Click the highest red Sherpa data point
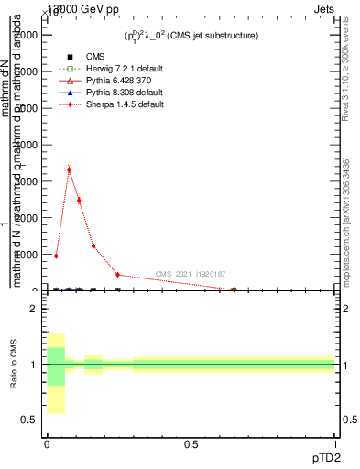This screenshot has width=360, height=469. click(69, 169)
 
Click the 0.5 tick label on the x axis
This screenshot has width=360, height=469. click(191, 444)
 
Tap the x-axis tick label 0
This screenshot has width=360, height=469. click(47, 444)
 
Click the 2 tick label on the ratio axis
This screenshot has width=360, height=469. click(32, 310)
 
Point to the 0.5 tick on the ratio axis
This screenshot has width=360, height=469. click(27, 420)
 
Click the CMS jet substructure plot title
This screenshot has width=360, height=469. click(191, 36)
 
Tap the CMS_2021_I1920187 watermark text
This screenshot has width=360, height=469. click(191, 274)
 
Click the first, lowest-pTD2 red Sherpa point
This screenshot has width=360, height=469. click(56, 256)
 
